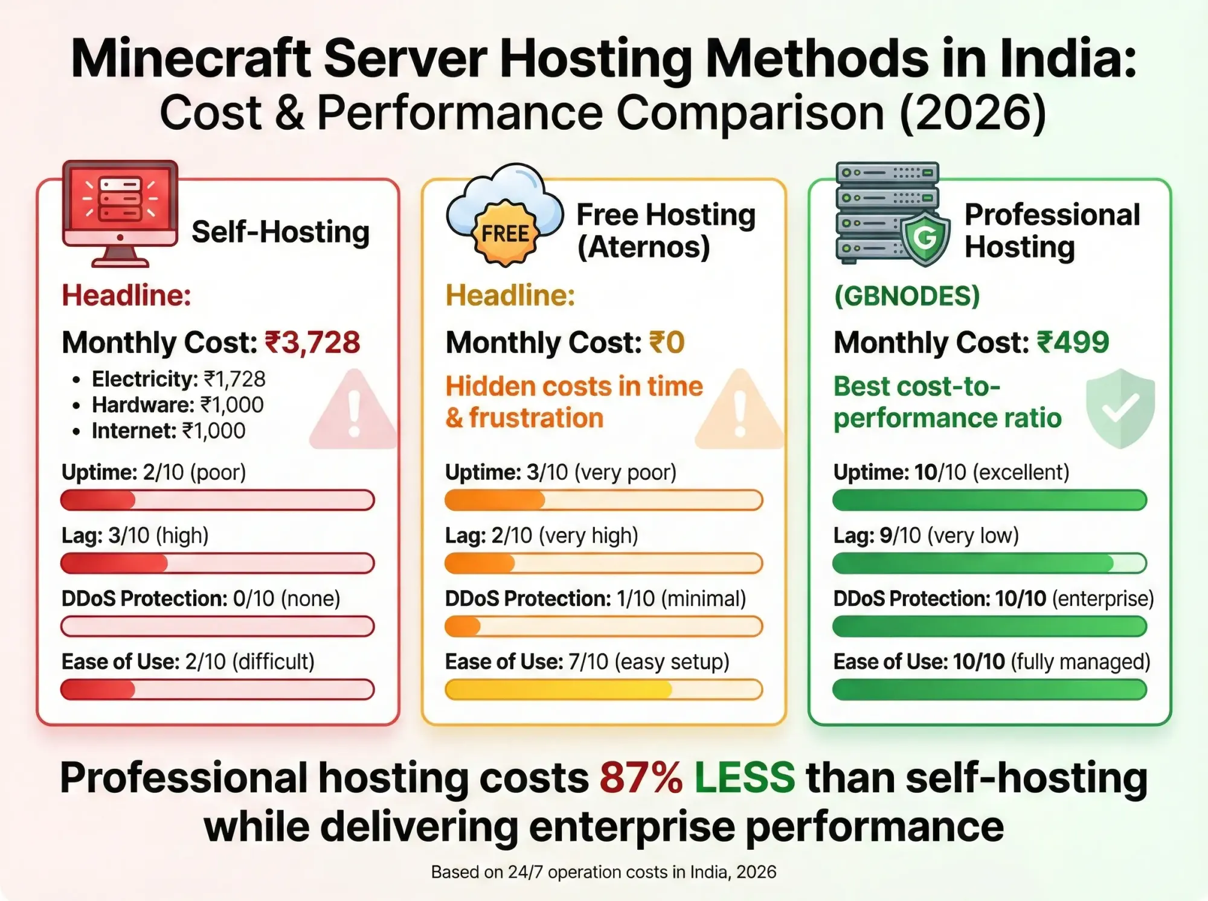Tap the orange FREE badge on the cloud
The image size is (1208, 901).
click(505, 234)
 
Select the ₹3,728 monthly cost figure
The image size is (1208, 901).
click(313, 343)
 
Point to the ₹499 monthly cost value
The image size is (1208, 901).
click(1073, 342)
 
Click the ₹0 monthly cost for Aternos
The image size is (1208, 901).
click(667, 343)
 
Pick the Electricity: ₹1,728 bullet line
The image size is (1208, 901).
click(178, 379)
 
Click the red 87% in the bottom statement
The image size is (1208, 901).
click(641, 778)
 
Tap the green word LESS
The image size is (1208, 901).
click(745, 778)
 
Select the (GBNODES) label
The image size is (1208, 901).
click(907, 296)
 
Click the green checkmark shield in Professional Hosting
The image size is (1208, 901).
click(1120, 409)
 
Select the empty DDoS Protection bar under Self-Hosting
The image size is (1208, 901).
click(217, 626)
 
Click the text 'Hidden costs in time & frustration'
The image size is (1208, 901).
click(574, 402)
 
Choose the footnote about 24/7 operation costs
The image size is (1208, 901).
click(603, 872)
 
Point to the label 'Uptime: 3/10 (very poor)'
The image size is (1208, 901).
click(561, 472)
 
